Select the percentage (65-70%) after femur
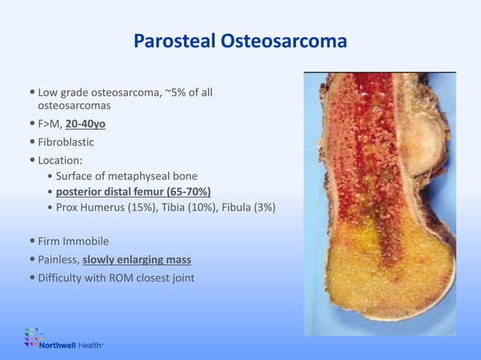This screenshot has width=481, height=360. (x=185, y=191)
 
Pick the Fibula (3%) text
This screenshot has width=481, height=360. (x=249, y=207)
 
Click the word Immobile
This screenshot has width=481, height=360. (x=87, y=242)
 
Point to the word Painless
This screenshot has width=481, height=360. (x=58, y=260)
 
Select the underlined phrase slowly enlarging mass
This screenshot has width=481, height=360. (x=136, y=260)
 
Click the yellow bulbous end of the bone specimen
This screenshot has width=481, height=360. (x=377, y=286)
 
